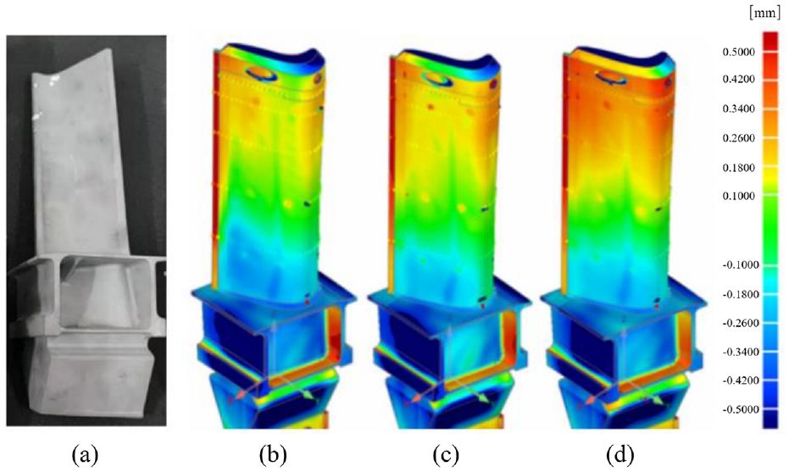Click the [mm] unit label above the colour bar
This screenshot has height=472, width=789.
pyautogui.click(x=764, y=14)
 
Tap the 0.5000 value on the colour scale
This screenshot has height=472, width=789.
pyautogui.click(x=739, y=53)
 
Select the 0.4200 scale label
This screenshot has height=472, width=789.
pyautogui.click(x=739, y=80)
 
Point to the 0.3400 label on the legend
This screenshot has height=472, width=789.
pyautogui.click(x=739, y=108)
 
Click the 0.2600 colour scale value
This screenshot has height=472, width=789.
pyautogui.click(x=739, y=138)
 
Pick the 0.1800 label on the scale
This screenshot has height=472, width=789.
pyautogui.click(x=739, y=168)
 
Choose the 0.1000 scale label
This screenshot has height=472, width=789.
pyautogui.click(x=739, y=196)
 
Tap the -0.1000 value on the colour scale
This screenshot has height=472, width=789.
pyautogui.click(x=741, y=265)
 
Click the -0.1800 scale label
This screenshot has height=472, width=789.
pyautogui.click(x=741, y=294)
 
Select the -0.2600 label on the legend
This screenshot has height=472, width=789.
pyautogui.click(x=741, y=323)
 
